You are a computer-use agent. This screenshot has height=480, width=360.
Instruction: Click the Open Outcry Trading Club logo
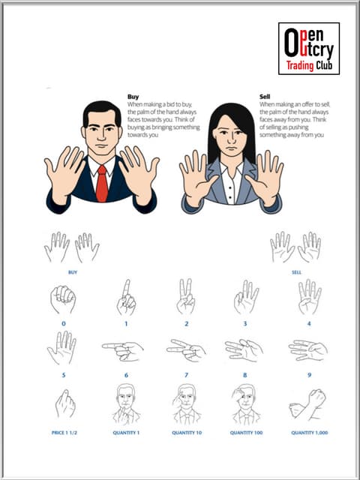click(308, 48)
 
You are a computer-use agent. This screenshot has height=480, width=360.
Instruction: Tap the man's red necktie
click(101, 183)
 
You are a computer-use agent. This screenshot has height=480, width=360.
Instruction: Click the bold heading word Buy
click(133, 97)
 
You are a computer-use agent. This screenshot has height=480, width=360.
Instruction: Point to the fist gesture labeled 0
click(63, 299)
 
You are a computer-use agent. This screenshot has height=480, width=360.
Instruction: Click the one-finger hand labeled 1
click(126, 298)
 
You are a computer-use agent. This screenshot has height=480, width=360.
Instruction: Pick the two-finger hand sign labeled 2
click(185, 298)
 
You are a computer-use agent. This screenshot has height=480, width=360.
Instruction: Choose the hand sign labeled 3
click(245, 298)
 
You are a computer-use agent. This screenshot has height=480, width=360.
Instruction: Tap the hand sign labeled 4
click(308, 297)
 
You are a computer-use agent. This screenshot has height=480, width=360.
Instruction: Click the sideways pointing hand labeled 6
click(124, 350)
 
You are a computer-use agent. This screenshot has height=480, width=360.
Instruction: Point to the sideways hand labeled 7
click(186, 350)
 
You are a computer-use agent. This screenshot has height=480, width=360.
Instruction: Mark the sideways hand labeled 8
click(244, 350)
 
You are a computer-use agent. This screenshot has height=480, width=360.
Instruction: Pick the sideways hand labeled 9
click(308, 350)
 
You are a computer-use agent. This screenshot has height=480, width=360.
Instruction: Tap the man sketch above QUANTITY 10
click(185, 404)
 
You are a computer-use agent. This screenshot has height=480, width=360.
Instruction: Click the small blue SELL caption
click(296, 272)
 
